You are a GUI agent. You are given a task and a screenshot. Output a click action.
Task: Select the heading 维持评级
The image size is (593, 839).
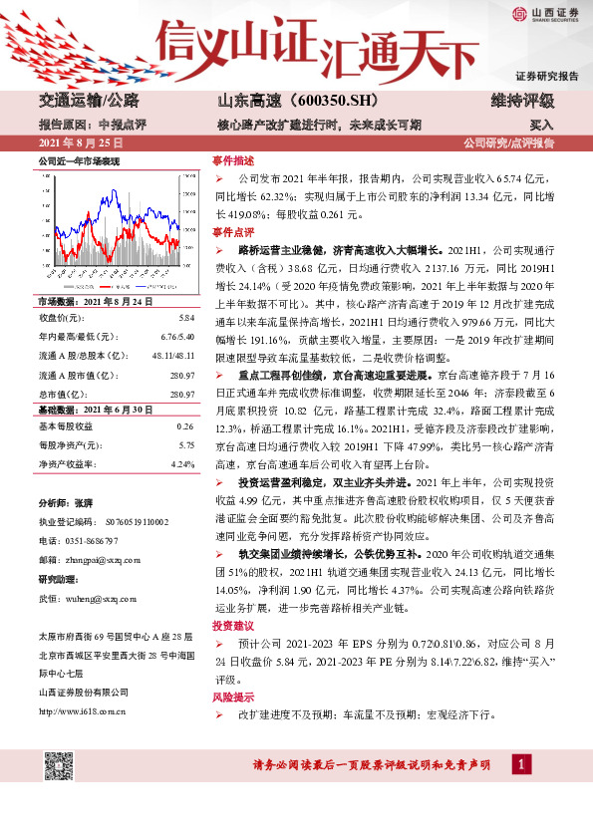pos(523,102)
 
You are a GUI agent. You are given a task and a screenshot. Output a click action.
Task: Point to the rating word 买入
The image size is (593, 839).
pos(541,126)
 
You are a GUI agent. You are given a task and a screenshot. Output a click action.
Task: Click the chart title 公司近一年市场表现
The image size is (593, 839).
pos(79,160)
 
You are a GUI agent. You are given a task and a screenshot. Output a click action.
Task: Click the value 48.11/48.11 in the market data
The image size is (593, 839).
pos(171,355)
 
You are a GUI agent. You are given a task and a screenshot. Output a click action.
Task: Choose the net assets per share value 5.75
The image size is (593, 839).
pos(186,445)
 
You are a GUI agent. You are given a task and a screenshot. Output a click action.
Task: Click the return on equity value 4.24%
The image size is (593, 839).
pos(182,464)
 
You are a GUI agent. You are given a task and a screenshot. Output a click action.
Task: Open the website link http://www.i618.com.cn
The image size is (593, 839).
pos(83,710)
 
